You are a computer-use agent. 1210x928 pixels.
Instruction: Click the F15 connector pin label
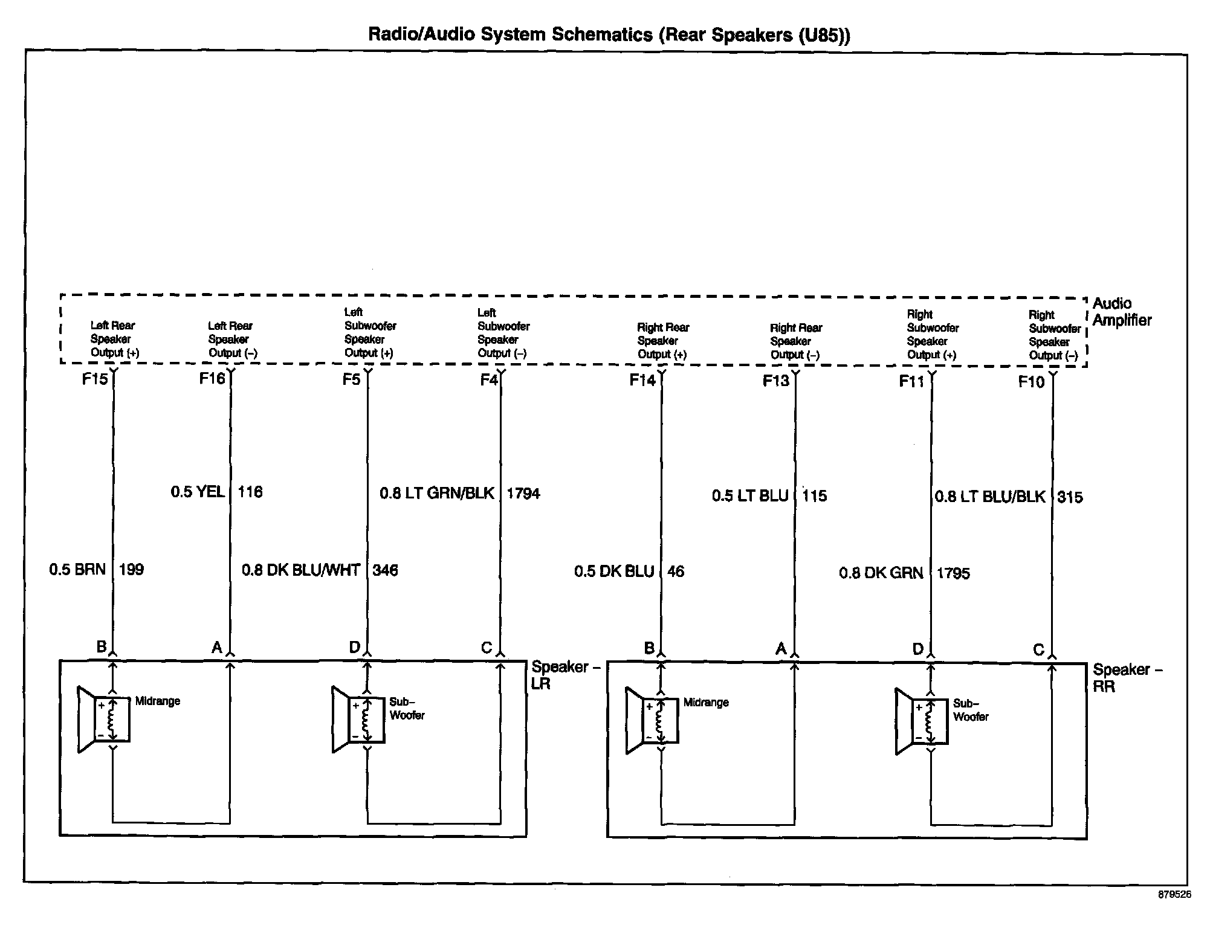click(95, 379)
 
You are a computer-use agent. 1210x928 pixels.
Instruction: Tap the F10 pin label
click(1031, 382)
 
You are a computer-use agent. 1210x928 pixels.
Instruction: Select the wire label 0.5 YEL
click(198, 492)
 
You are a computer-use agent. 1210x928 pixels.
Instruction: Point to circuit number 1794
click(523, 494)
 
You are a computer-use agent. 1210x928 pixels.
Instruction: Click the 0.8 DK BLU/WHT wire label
click(301, 570)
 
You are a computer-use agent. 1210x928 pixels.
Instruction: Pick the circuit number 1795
click(953, 573)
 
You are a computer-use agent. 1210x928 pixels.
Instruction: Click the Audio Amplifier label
click(1122, 312)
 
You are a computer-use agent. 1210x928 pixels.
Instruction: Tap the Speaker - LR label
click(565, 675)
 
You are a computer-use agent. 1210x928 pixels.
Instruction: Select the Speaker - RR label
click(1127, 678)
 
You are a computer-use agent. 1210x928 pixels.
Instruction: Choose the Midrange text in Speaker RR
click(706, 703)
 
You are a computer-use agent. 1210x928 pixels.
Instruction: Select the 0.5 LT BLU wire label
click(750, 496)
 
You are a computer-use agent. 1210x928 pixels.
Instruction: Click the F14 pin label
click(642, 380)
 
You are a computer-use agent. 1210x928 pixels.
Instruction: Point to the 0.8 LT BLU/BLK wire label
click(990, 497)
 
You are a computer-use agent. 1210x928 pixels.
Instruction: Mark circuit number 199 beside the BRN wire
click(131, 570)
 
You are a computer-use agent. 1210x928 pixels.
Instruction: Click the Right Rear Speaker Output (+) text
click(662, 341)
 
